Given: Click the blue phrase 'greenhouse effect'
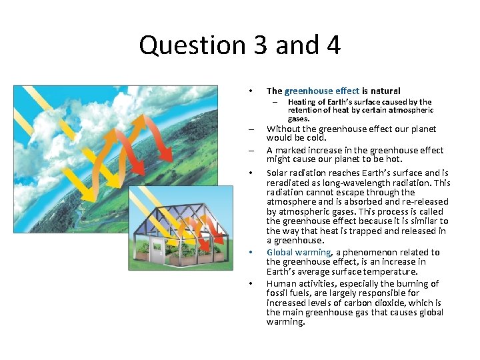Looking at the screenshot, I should pyautogui.click(x=321, y=91).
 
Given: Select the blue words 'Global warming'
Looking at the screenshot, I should pyautogui.click(x=298, y=252).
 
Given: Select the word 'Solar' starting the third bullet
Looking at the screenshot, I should pyautogui.click(x=278, y=173).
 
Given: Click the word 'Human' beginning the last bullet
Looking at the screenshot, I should pyautogui.click(x=281, y=283).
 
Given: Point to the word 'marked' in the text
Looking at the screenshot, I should pyautogui.click(x=291, y=151).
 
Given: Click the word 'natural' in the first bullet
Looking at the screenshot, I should pyautogui.click(x=381, y=91).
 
